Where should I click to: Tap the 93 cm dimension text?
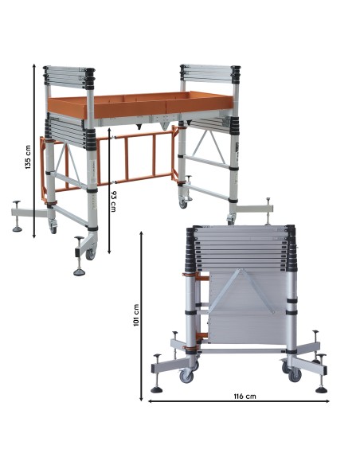[x=115, y=201]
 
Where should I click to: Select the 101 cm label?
[x=137, y=315]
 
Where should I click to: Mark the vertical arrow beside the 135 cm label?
[x=35, y=150]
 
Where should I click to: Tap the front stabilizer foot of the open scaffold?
[x=80, y=272]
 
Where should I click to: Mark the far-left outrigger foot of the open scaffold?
[x=18, y=226]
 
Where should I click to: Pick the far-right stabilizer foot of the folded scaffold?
[x=321, y=389]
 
